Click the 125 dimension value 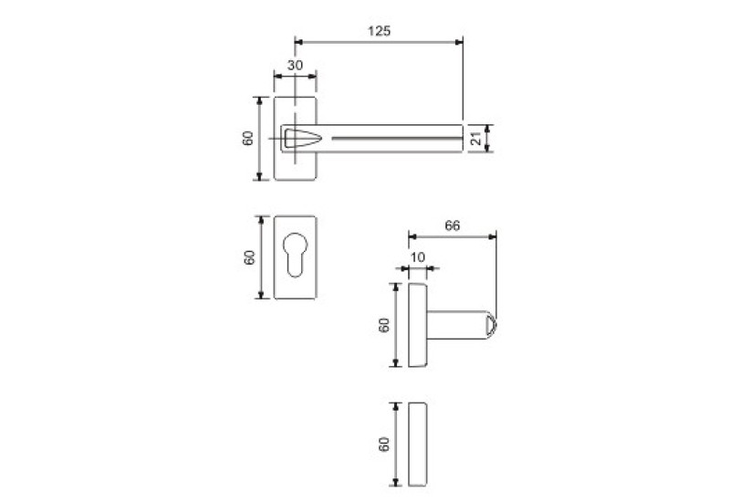click(x=379, y=31)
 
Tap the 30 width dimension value click(x=295, y=66)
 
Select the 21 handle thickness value click(x=475, y=139)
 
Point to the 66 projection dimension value click(x=452, y=225)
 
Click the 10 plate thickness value click(x=418, y=257)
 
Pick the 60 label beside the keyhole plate click(x=250, y=257)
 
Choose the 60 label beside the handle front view click(x=248, y=139)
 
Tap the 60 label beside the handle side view click(x=384, y=325)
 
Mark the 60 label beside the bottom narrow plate click(x=384, y=444)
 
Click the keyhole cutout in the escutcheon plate click(x=296, y=254)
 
